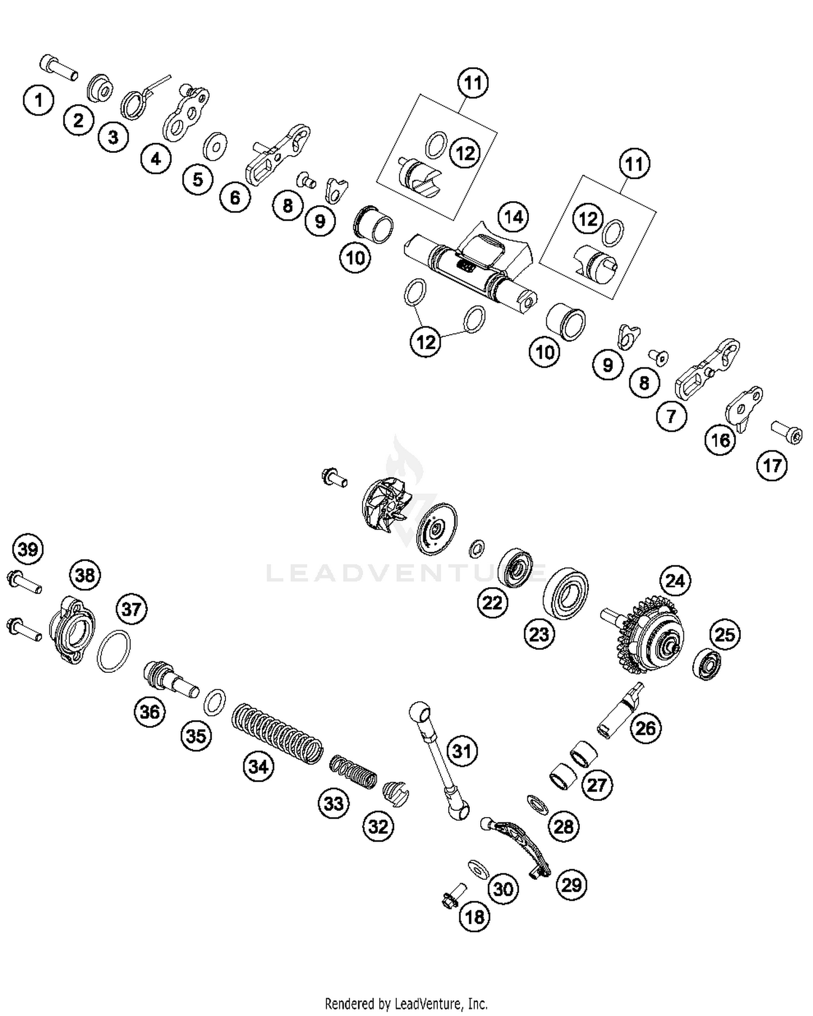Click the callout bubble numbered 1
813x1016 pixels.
pos(38,100)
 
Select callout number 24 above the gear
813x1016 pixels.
pos(675,581)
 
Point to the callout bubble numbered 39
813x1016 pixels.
pos(28,549)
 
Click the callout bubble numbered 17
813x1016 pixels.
pos(772,465)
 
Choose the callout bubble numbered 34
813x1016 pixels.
pos(259,767)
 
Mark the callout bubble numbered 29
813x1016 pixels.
pos(572,885)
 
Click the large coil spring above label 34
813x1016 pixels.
pos(277,733)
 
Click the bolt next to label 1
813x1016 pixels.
pos(58,68)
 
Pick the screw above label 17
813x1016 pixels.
pos(787,432)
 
